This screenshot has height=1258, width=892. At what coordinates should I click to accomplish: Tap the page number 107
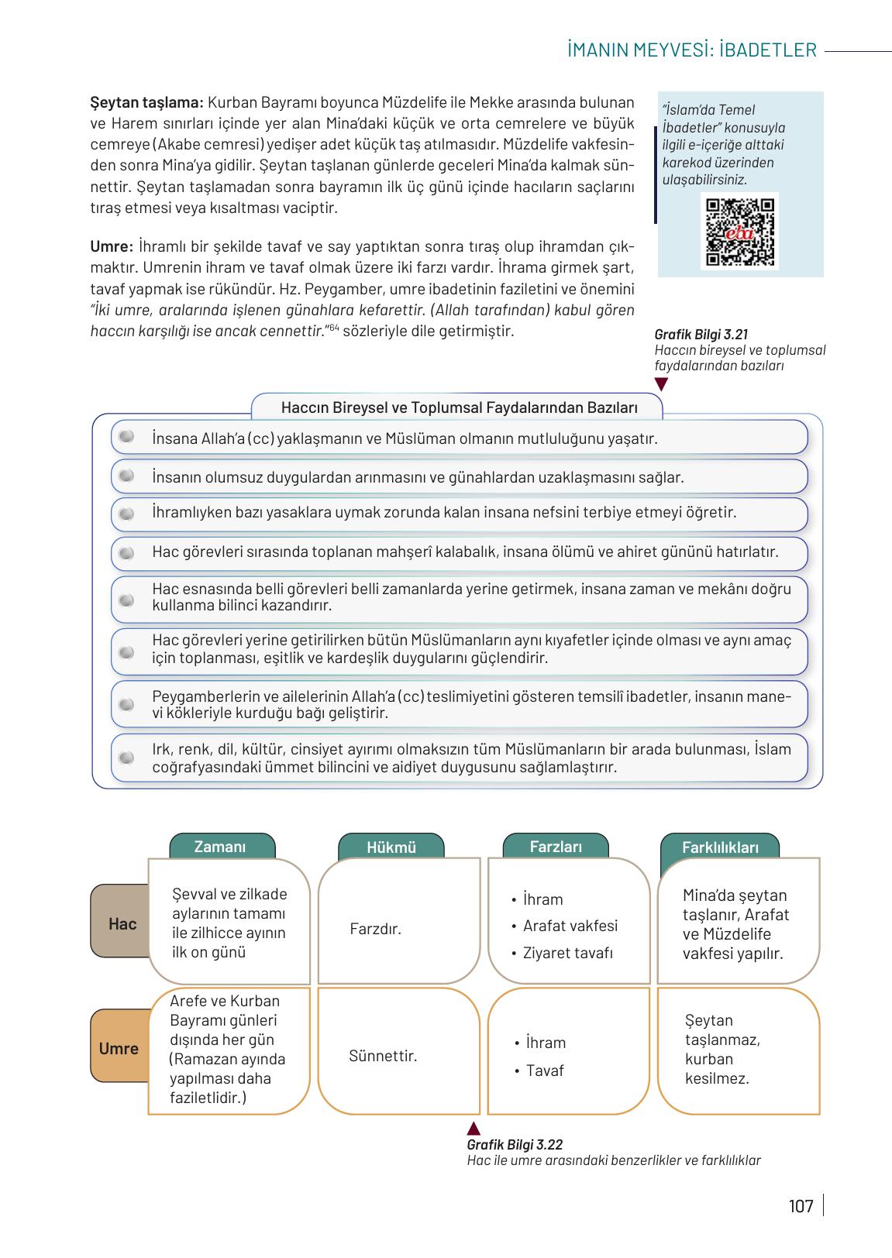click(x=801, y=1206)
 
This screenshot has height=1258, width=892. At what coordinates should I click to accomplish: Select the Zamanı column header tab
click(x=220, y=847)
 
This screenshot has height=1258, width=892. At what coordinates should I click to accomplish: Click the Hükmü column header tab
click(x=391, y=847)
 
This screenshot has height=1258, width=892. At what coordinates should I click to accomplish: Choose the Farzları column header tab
click(x=556, y=847)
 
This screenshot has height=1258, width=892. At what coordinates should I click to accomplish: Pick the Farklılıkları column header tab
click(x=720, y=847)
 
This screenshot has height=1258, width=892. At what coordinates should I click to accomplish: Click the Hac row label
click(x=122, y=923)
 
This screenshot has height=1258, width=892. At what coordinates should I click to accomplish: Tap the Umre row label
click(x=119, y=1049)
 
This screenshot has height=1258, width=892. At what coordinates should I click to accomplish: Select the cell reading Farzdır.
click(x=375, y=928)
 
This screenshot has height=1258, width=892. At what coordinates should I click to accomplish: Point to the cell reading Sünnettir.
click(x=383, y=1056)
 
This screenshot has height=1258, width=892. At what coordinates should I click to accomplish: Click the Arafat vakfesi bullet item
click(x=570, y=926)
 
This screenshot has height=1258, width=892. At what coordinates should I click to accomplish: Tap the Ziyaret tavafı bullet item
click(x=567, y=953)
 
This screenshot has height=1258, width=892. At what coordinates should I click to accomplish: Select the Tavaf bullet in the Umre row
click(x=544, y=1071)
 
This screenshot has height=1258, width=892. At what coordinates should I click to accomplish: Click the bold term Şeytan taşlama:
click(x=146, y=102)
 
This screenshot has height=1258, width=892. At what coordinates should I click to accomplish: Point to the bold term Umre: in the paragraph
click(x=112, y=247)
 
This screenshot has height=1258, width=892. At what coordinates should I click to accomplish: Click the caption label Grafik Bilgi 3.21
click(x=701, y=335)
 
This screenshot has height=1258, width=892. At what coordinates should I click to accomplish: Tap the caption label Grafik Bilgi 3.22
click(x=515, y=1145)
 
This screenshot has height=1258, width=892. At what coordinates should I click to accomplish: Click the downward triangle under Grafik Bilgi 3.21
click(x=661, y=384)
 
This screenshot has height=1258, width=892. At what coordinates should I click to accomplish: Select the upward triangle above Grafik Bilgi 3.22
click(x=474, y=1129)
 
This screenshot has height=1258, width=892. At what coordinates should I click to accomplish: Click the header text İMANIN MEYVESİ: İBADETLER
click(x=691, y=50)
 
